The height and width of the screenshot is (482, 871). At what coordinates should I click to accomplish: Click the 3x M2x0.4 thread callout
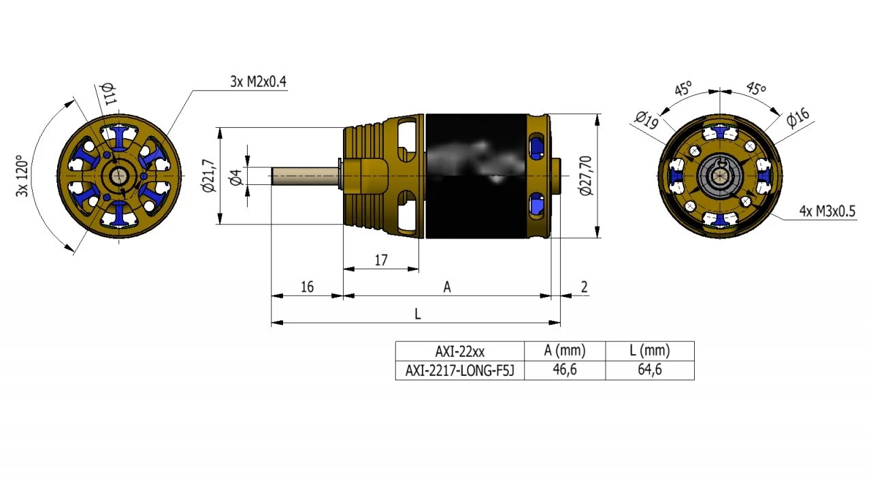(258, 82)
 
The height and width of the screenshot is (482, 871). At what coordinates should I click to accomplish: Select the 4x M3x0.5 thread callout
(827, 211)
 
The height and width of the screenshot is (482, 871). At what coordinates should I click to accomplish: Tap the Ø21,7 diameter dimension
(208, 176)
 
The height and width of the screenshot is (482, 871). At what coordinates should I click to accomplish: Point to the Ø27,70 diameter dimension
(586, 176)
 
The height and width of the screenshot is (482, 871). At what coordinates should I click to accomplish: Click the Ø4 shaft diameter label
(236, 177)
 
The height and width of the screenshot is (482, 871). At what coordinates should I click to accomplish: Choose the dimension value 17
(381, 260)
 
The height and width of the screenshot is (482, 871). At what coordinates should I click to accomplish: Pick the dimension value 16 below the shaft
(307, 287)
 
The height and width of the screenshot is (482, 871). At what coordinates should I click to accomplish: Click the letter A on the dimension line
(447, 288)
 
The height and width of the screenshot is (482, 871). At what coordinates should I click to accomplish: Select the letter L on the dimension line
(417, 314)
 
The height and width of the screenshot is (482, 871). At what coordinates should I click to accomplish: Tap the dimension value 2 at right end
(584, 287)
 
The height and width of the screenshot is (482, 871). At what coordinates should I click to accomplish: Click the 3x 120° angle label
(22, 176)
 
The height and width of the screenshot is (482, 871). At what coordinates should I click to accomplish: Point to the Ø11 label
(108, 93)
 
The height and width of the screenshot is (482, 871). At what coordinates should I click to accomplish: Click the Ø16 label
(798, 117)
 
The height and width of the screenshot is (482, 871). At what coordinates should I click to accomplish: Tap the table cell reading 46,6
(564, 370)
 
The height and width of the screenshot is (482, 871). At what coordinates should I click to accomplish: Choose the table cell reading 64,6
(649, 370)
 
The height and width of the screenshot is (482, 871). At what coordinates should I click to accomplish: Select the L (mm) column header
(649, 351)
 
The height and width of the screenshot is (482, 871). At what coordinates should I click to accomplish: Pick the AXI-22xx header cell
(460, 351)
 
